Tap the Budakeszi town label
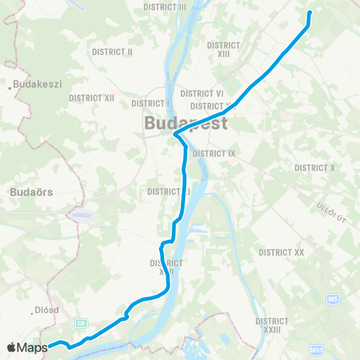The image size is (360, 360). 37,85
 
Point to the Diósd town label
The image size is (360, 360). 47,309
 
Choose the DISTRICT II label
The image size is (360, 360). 112,52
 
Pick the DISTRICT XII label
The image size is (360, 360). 91,97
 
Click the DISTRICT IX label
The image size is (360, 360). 214,153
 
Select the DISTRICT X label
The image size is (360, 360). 315,167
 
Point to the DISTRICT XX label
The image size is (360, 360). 280,253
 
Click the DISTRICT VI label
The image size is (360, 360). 196,94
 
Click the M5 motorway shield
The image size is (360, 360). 332,299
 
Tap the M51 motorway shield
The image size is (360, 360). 316,350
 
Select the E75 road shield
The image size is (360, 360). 81,322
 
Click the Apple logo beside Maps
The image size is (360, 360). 12,347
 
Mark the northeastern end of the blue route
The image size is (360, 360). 309,13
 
